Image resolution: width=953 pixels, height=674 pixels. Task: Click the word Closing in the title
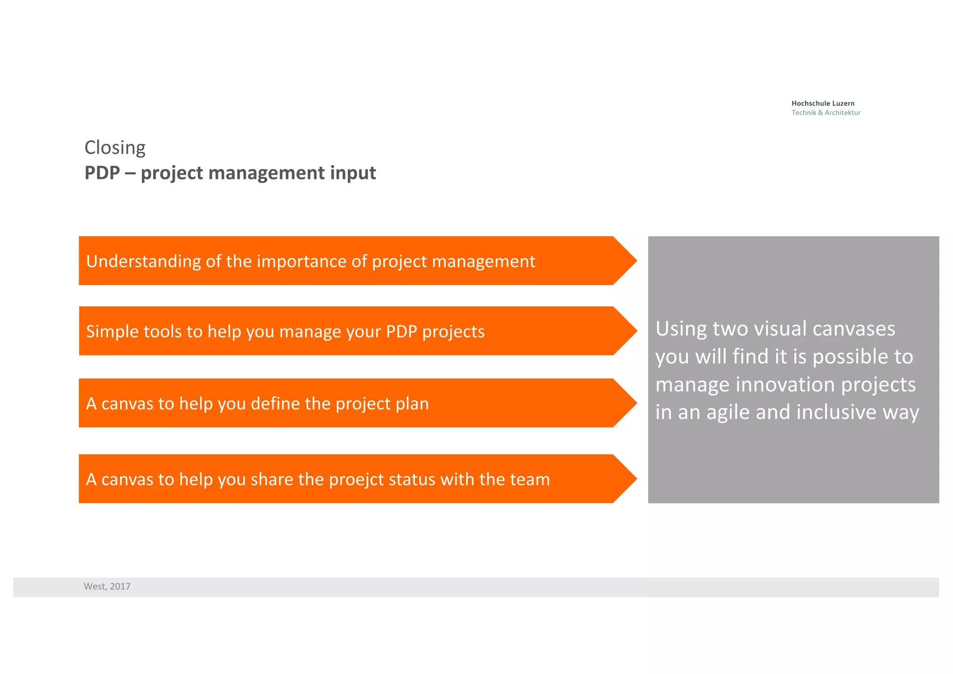(x=115, y=148)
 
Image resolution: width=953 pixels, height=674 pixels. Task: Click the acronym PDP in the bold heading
(x=102, y=173)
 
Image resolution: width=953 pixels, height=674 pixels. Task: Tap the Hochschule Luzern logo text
(x=823, y=103)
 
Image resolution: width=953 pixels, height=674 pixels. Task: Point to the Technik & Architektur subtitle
(x=826, y=113)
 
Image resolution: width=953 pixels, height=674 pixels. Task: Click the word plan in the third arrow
(x=412, y=403)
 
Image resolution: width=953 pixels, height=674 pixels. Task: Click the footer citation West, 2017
(x=107, y=586)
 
